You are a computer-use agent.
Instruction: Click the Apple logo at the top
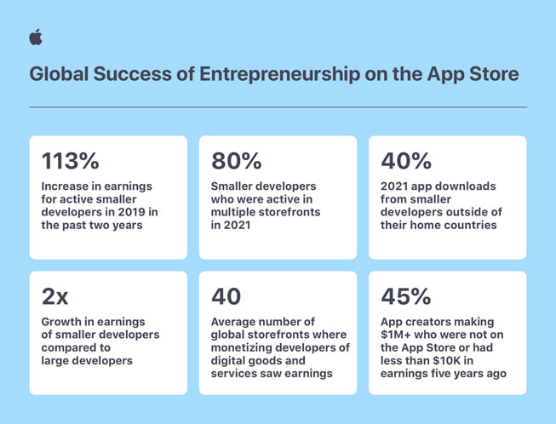pos(35,37)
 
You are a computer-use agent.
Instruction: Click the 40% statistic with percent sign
pos(406,161)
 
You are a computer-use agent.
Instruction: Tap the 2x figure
pos(55,296)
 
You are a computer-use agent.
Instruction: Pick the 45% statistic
pos(406,296)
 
